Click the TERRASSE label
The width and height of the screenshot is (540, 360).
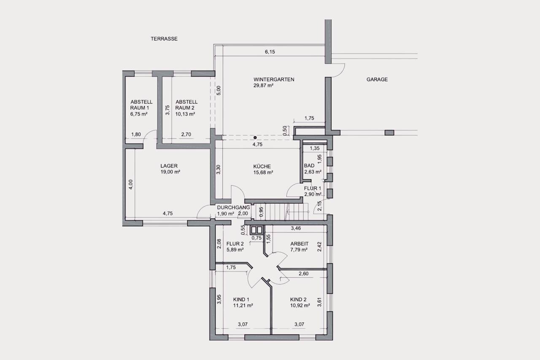click(164, 39)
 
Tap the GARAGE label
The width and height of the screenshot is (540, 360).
click(377, 79)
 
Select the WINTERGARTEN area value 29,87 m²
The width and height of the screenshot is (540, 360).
click(263, 85)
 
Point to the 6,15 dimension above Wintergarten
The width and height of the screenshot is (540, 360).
click(270, 51)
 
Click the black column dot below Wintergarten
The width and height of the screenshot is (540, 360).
click(255, 138)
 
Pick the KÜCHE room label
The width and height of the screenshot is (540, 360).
click(262, 166)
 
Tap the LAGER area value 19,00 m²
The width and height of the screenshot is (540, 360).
click(170, 172)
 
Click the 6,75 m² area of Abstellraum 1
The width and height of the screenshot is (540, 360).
click(139, 114)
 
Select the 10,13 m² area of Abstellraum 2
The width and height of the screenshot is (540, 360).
click(185, 114)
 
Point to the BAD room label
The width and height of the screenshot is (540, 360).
click(309, 166)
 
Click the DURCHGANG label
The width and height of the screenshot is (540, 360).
click(233, 207)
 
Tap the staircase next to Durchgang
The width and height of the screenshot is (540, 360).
click(282, 212)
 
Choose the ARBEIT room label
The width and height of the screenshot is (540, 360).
click(300, 244)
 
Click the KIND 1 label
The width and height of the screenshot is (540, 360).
click(241, 300)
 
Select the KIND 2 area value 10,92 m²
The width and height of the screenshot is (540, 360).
click(300, 306)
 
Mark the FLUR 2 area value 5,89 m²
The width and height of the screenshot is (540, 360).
click(235, 250)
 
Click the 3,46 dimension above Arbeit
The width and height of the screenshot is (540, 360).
click(296, 228)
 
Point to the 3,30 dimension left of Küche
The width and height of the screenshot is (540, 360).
click(219, 170)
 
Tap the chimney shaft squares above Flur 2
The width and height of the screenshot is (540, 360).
click(256, 230)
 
